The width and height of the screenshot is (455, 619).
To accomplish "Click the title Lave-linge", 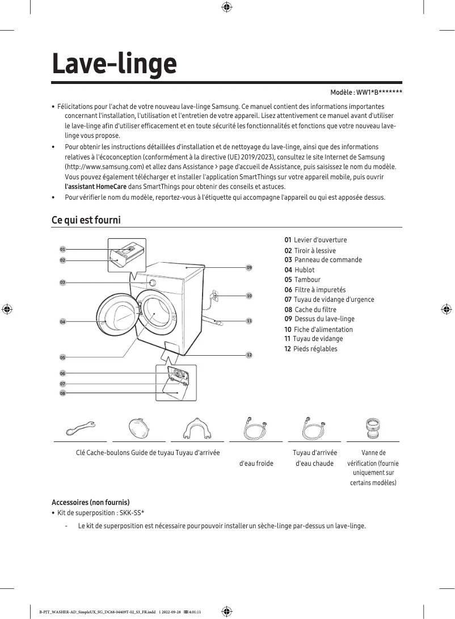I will (x=114, y=64).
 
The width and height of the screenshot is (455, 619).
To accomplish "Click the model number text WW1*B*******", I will (x=379, y=92).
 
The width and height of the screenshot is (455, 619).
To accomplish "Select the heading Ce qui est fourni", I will (x=86, y=220).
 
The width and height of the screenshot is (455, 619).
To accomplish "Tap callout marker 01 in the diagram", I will (x=63, y=249).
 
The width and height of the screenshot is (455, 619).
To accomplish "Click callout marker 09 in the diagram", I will (x=249, y=267).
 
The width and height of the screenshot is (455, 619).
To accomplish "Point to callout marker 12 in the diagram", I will (x=249, y=355).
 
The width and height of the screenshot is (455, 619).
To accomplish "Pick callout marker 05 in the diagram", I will (x=63, y=357).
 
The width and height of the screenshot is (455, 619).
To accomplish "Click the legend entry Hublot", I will (x=304, y=270).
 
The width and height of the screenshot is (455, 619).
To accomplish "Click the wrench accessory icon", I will (x=81, y=428).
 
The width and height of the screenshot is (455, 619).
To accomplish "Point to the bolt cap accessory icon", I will (x=139, y=427).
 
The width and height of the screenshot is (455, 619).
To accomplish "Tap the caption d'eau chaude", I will (x=315, y=464).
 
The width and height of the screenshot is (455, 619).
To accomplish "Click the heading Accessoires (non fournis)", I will (x=91, y=503).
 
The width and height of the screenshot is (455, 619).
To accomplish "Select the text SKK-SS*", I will (x=132, y=513).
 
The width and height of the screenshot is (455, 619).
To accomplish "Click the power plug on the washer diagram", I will (x=214, y=295).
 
